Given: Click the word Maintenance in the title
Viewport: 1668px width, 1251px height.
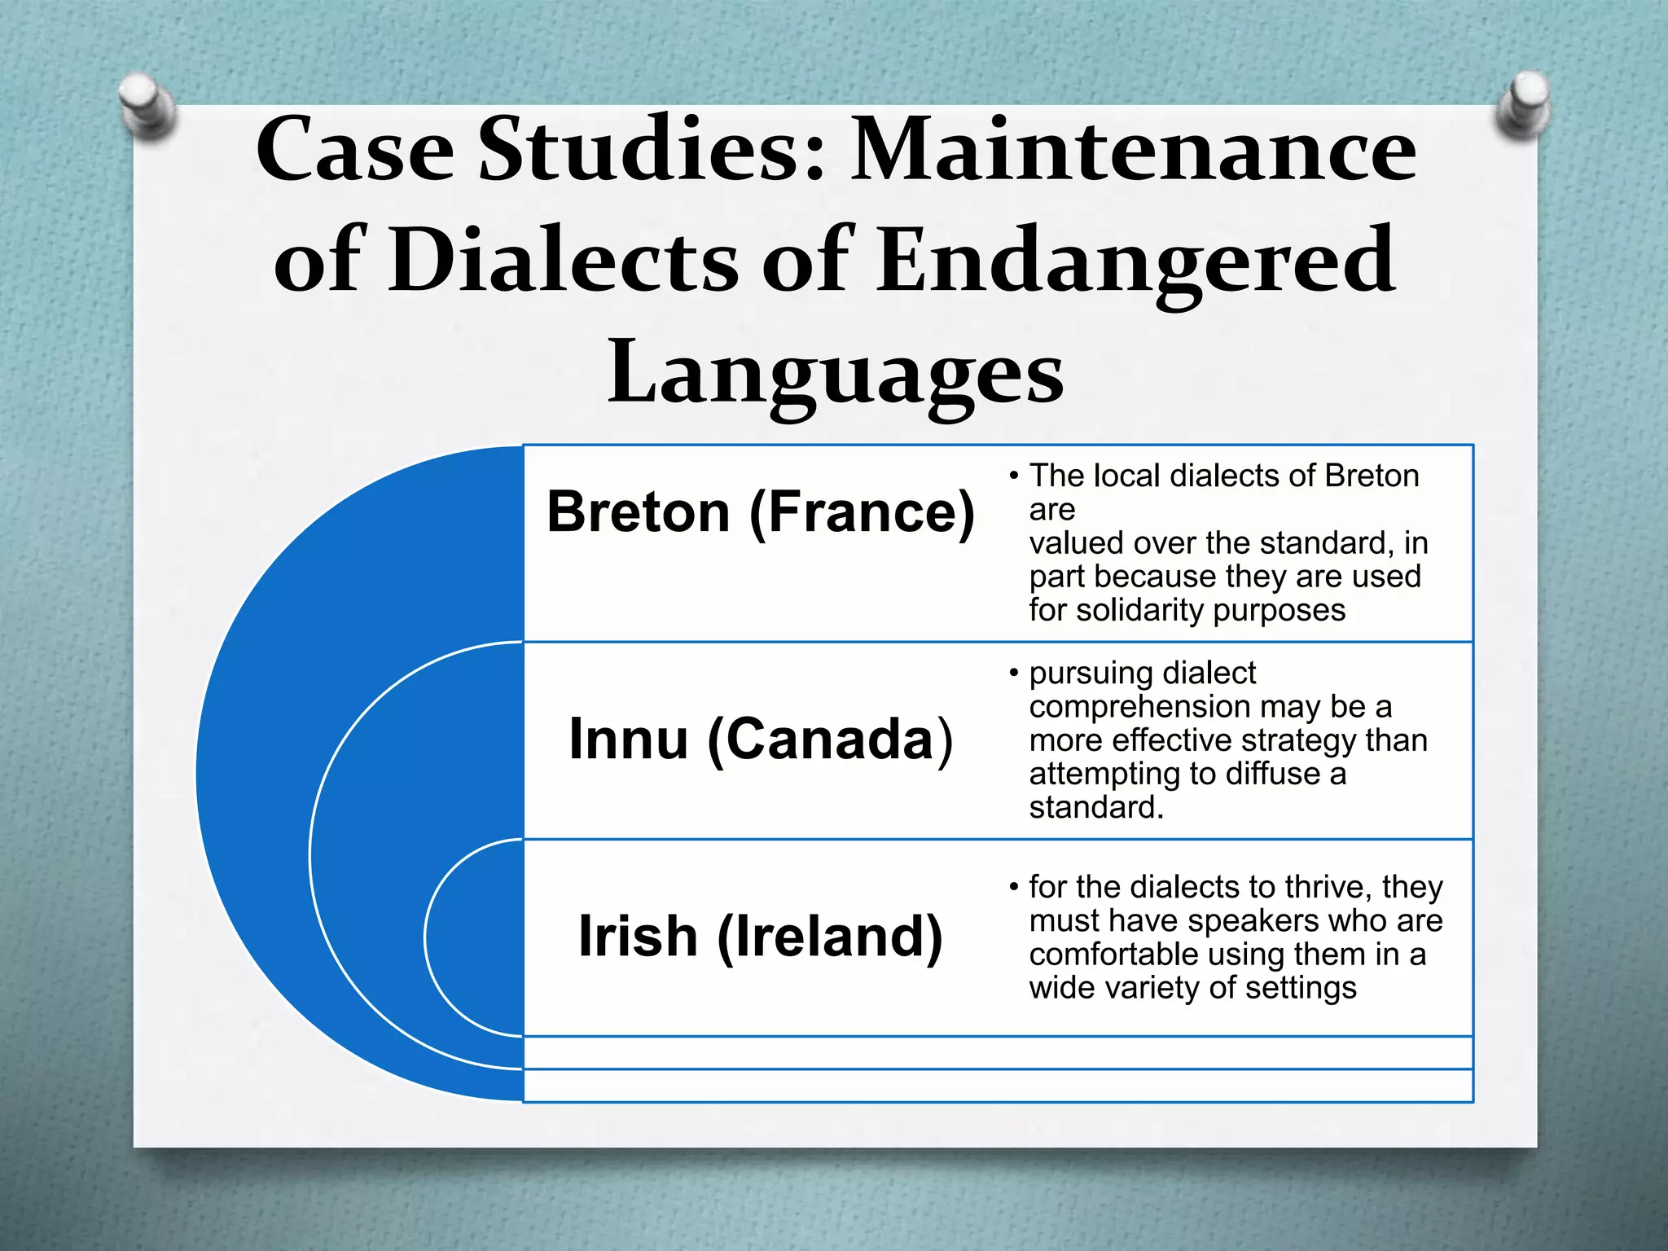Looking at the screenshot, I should point(1133,151).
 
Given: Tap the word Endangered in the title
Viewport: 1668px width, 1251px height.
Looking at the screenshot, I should point(1135,261).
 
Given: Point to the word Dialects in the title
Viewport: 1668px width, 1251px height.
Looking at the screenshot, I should point(563,261).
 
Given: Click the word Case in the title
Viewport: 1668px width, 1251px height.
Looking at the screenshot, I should point(355,151).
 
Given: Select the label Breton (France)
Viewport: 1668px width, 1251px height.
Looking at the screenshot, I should point(761,513).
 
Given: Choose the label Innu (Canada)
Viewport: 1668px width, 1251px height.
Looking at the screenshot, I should point(761,740).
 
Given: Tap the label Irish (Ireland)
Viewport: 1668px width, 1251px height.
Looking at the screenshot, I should point(761,937).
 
